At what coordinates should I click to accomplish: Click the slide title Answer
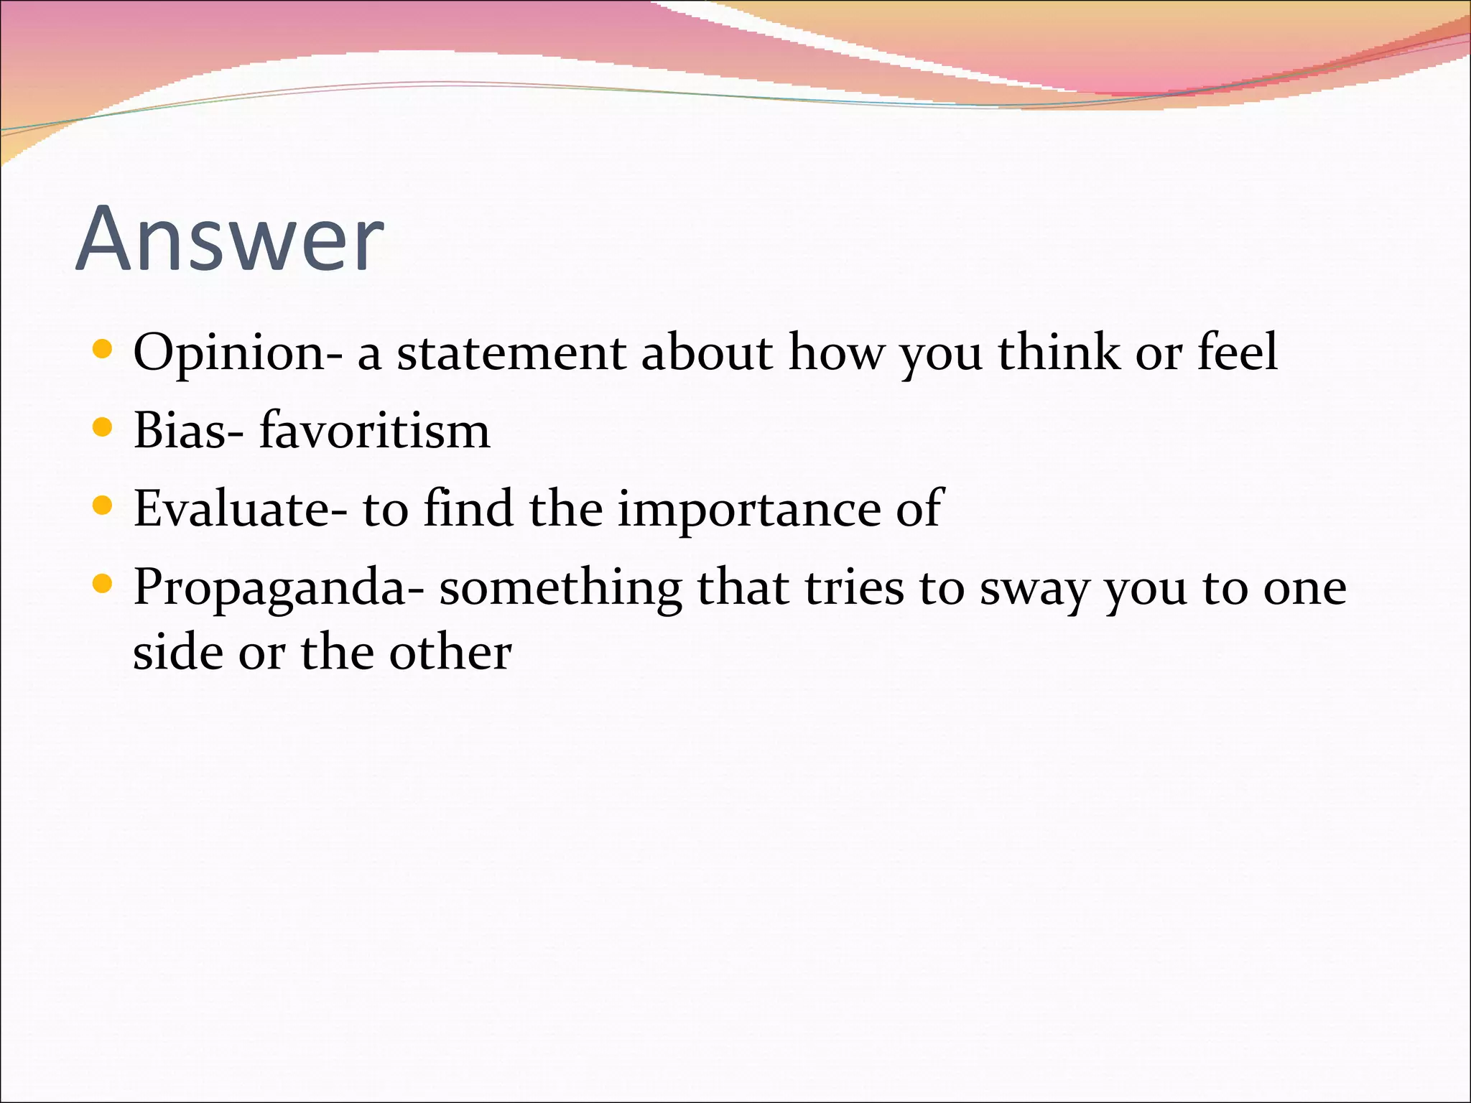point(230,238)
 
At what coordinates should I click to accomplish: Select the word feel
point(1237,353)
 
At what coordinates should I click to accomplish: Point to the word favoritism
point(374,431)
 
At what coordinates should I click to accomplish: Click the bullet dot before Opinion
point(103,350)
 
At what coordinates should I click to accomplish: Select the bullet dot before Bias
point(103,428)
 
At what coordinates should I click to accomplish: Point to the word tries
point(854,588)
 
